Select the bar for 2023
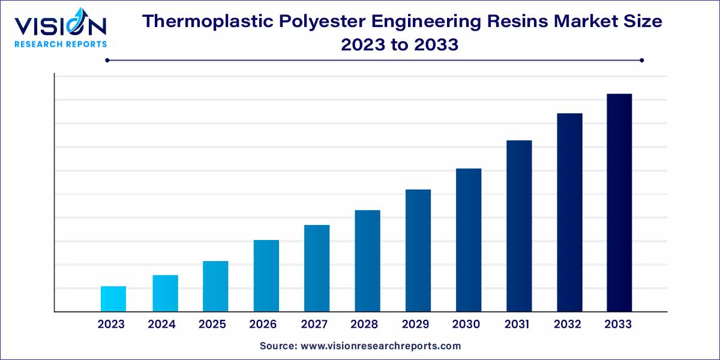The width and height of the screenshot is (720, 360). coord(113,299)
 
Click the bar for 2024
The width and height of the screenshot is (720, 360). coord(165,293)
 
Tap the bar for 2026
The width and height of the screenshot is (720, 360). coord(266,275)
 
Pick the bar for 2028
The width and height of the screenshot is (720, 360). coord(367,261)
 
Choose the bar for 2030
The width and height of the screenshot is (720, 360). coord(469,240)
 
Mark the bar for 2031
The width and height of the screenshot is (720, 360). coord(519,226)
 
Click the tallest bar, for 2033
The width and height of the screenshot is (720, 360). coord(619,203)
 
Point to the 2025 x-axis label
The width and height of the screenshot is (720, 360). coord(212,325)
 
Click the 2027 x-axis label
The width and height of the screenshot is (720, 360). coord(314,325)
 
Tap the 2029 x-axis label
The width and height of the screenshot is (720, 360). coord(415,325)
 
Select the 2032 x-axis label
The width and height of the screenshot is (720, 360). coord(567,325)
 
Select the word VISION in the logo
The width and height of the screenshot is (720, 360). coord(61,26)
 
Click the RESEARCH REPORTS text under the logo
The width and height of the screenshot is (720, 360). coord(61,44)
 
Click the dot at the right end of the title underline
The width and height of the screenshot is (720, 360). coord(641,60)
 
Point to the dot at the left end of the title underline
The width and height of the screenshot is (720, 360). coord(107,60)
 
